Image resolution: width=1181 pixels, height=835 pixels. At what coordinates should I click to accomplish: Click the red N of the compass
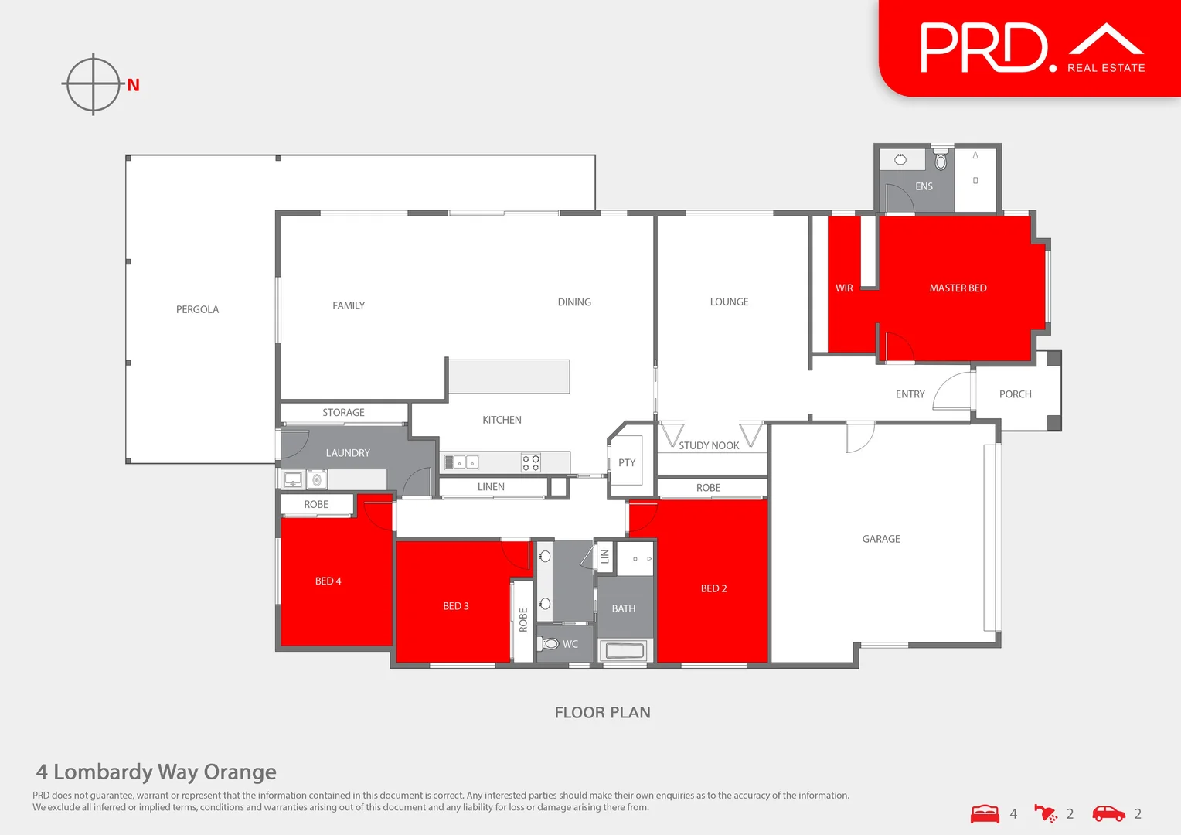(x=134, y=85)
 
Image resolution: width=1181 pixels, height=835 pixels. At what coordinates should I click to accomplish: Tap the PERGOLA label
(x=197, y=309)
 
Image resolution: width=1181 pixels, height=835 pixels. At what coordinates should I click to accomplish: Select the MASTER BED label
(x=958, y=288)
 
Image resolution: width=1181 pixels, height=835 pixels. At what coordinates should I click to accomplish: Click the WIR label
(x=844, y=288)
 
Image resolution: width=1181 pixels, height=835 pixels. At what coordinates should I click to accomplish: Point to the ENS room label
(x=924, y=186)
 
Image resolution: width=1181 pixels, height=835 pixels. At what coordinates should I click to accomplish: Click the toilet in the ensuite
(x=941, y=161)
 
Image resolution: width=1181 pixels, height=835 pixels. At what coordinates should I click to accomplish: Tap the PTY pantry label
(x=627, y=463)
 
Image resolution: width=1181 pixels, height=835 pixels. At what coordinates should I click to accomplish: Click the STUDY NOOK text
(x=709, y=445)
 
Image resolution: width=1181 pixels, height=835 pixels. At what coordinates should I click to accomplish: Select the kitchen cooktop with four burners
(x=531, y=463)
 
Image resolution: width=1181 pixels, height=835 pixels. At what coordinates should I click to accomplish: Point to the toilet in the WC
(x=550, y=643)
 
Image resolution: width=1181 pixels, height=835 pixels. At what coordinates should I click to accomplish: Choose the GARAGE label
(x=881, y=539)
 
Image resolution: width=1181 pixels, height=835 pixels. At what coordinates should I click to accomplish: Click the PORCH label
(x=1015, y=394)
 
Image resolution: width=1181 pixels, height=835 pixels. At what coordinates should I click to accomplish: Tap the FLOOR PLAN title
(x=602, y=713)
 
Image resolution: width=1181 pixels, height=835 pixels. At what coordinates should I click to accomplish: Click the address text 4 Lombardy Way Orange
(x=156, y=772)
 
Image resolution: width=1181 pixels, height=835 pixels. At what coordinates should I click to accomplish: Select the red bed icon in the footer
(x=985, y=813)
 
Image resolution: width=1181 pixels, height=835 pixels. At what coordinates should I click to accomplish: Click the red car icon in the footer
(x=1108, y=813)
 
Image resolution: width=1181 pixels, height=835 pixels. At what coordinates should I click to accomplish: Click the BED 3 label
(x=456, y=606)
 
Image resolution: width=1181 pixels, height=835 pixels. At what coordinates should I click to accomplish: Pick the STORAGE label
(x=343, y=413)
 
